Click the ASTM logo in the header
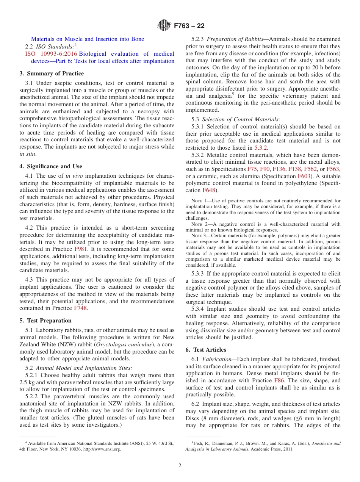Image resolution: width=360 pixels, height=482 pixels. tap(164, 26)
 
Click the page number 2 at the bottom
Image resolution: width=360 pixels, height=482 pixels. tap(180, 466)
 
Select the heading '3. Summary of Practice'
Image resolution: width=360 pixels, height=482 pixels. tap(52, 74)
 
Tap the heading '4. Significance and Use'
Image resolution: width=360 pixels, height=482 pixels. tap(51, 166)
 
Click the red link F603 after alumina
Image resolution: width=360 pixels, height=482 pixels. tap(304, 176)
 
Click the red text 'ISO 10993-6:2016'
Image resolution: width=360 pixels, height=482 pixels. tap(51, 54)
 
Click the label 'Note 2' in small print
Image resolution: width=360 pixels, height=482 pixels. tap(198, 224)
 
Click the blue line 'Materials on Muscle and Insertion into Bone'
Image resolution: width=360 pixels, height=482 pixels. tap(88, 39)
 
